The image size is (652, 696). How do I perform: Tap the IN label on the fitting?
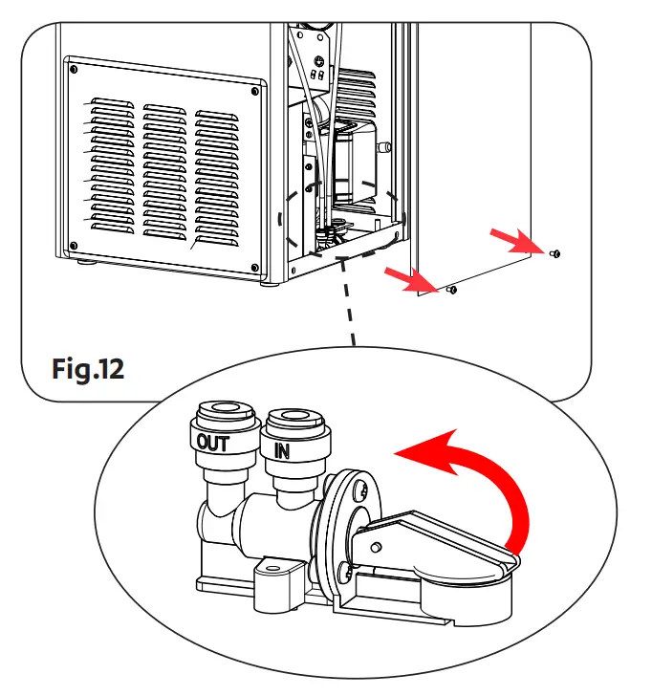281,449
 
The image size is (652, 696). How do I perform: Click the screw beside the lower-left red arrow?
452,290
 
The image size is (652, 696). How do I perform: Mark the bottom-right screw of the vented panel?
252,268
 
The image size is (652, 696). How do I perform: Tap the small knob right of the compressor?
385,148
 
